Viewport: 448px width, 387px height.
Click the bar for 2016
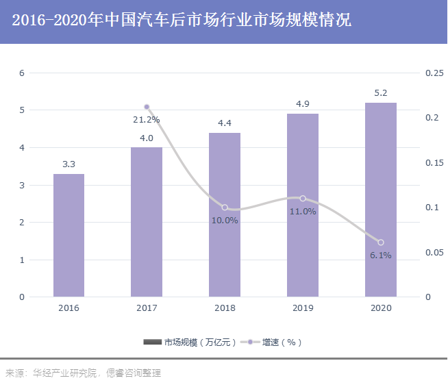coord(69,235)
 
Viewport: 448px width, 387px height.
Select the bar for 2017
coord(147,222)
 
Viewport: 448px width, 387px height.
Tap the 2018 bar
coord(225,214)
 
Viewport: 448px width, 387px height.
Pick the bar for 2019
coord(303,205)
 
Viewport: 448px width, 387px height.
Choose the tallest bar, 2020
coord(381,199)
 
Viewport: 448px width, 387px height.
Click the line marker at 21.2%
coord(147,107)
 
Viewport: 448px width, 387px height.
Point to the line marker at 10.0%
coord(225,208)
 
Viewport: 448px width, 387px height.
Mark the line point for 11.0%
coord(303,199)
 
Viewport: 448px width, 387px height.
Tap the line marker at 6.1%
coord(381,242)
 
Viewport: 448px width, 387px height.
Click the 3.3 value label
coord(69,164)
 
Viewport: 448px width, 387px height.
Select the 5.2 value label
coord(381,93)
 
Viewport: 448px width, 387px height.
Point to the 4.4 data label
coord(225,123)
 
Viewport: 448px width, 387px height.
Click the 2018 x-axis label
coord(225,308)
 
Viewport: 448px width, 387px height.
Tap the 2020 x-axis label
coord(381,308)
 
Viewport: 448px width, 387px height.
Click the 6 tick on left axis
coord(21,73)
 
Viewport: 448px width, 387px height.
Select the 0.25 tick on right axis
coord(433,73)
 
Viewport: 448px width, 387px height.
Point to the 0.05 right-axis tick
coord(433,253)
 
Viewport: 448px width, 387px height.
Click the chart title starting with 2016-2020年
coord(182,21)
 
